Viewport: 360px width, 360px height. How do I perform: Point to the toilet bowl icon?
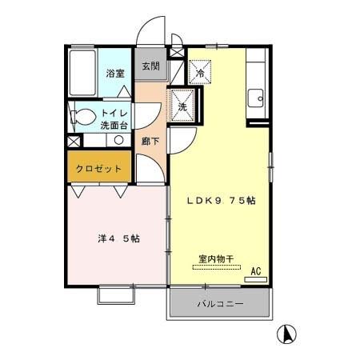click(x=79, y=117)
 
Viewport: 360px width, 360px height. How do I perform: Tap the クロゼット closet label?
click(x=99, y=169)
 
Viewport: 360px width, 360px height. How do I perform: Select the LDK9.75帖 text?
click(x=221, y=200)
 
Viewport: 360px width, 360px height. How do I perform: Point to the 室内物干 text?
click(x=216, y=258)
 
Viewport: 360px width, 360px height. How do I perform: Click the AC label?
click(x=256, y=272)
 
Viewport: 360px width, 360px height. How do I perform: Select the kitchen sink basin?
click(x=255, y=98)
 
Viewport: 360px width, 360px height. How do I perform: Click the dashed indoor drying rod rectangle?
click(x=216, y=267)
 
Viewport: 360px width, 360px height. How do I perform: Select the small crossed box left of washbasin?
click(x=74, y=141)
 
